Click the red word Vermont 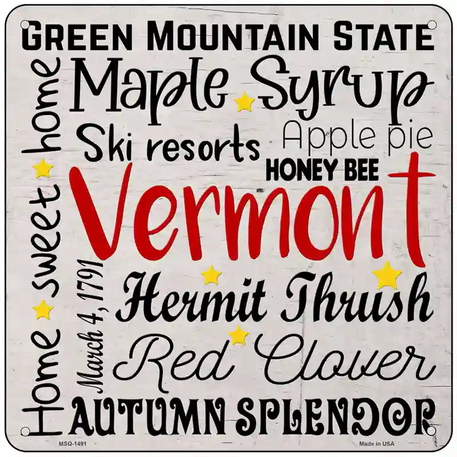pos(251,220)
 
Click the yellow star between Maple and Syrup pos(244,102)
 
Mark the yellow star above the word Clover pos(238,335)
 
